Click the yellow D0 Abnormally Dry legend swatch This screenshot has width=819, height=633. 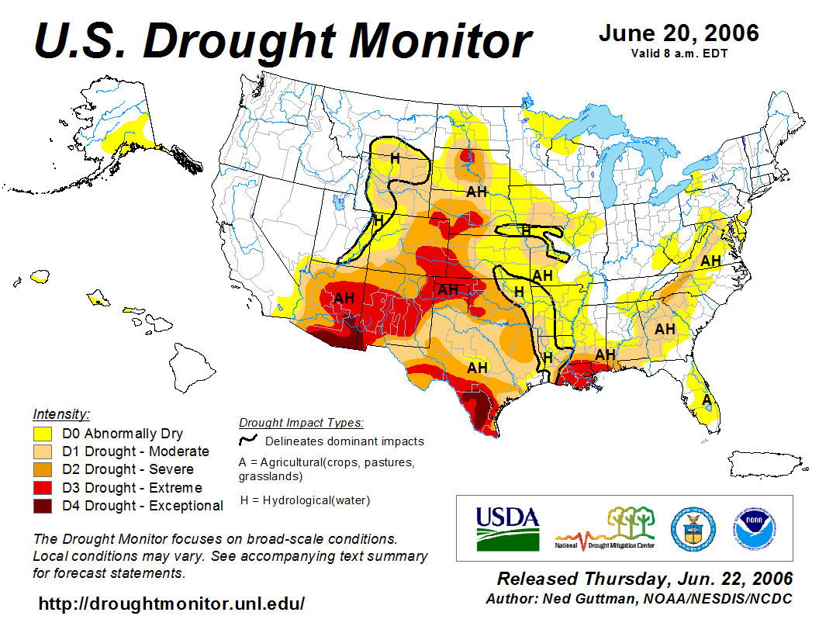(43, 434)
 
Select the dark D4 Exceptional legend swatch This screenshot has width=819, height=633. (43, 506)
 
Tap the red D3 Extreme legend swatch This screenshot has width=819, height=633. (43, 488)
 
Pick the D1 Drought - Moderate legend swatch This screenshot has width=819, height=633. (43, 451)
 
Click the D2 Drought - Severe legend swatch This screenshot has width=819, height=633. (43, 469)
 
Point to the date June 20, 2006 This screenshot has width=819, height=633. (679, 34)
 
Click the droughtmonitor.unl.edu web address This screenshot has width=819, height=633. (171, 603)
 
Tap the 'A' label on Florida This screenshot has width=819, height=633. (706, 400)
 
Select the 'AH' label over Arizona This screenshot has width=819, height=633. (344, 298)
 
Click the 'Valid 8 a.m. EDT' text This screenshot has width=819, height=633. (679, 54)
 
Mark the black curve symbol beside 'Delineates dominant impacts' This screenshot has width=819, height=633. (248, 441)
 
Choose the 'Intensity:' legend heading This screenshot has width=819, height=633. (61, 414)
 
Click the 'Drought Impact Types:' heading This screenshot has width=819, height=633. (301, 423)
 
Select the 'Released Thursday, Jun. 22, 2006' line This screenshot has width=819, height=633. (644, 579)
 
